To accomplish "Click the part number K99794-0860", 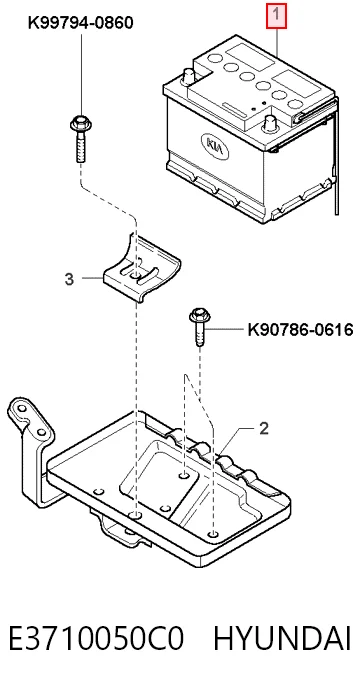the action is pyautogui.click(x=81, y=22).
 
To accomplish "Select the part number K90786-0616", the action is pyautogui.click(x=301, y=329).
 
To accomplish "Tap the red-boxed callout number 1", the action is pyautogui.click(x=276, y=15).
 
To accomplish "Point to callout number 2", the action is pyautogui.click(x=264, y=428).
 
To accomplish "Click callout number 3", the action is pyautogui.click(x=69, y=279).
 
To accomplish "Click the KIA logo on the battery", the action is pyautogui.click(x=215, y=146).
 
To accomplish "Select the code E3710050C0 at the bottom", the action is pyautogui.click(x=96, y=639).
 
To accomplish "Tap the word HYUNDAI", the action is pyautogui.click(x=283, y=639).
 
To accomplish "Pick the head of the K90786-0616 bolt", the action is pyautogui.click(x=200, y=316).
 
